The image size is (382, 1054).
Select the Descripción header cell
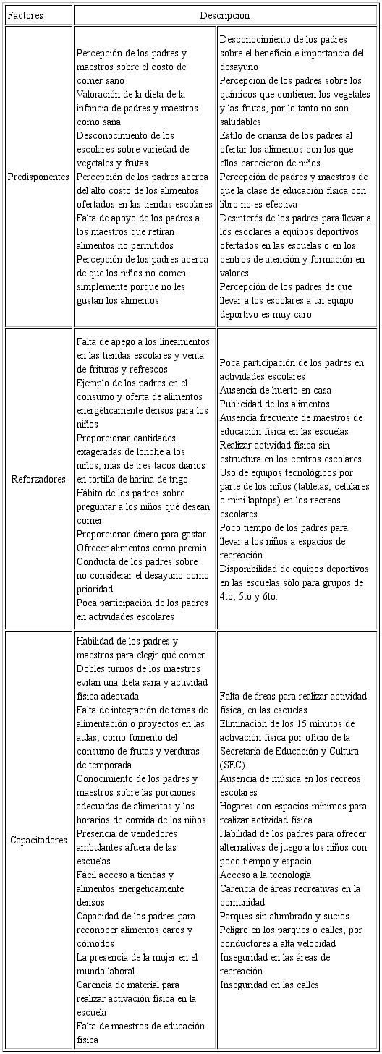tap(225, 14)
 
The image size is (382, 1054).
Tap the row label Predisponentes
tap(38, 177)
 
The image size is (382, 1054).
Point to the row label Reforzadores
tap(38, 479)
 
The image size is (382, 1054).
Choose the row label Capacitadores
tap(38, 840)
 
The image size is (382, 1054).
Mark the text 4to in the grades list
tap(227, 596)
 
